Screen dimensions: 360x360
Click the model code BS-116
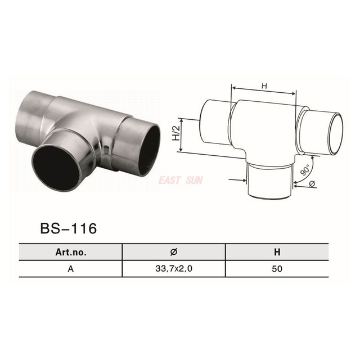(x=69, y=228)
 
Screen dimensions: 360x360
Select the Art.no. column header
(x=70, y=251)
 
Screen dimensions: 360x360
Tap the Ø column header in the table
(x=174, y=251)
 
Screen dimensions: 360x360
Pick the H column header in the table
(x=276, y=251)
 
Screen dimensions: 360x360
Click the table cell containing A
(x=70, y=268)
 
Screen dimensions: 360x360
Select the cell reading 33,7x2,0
(x=174, y=268)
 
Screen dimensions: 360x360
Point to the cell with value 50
(x=276, y=268)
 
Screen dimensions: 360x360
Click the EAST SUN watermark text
(x=181, y=180)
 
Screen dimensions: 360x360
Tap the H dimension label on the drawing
(x=264, y=85)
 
